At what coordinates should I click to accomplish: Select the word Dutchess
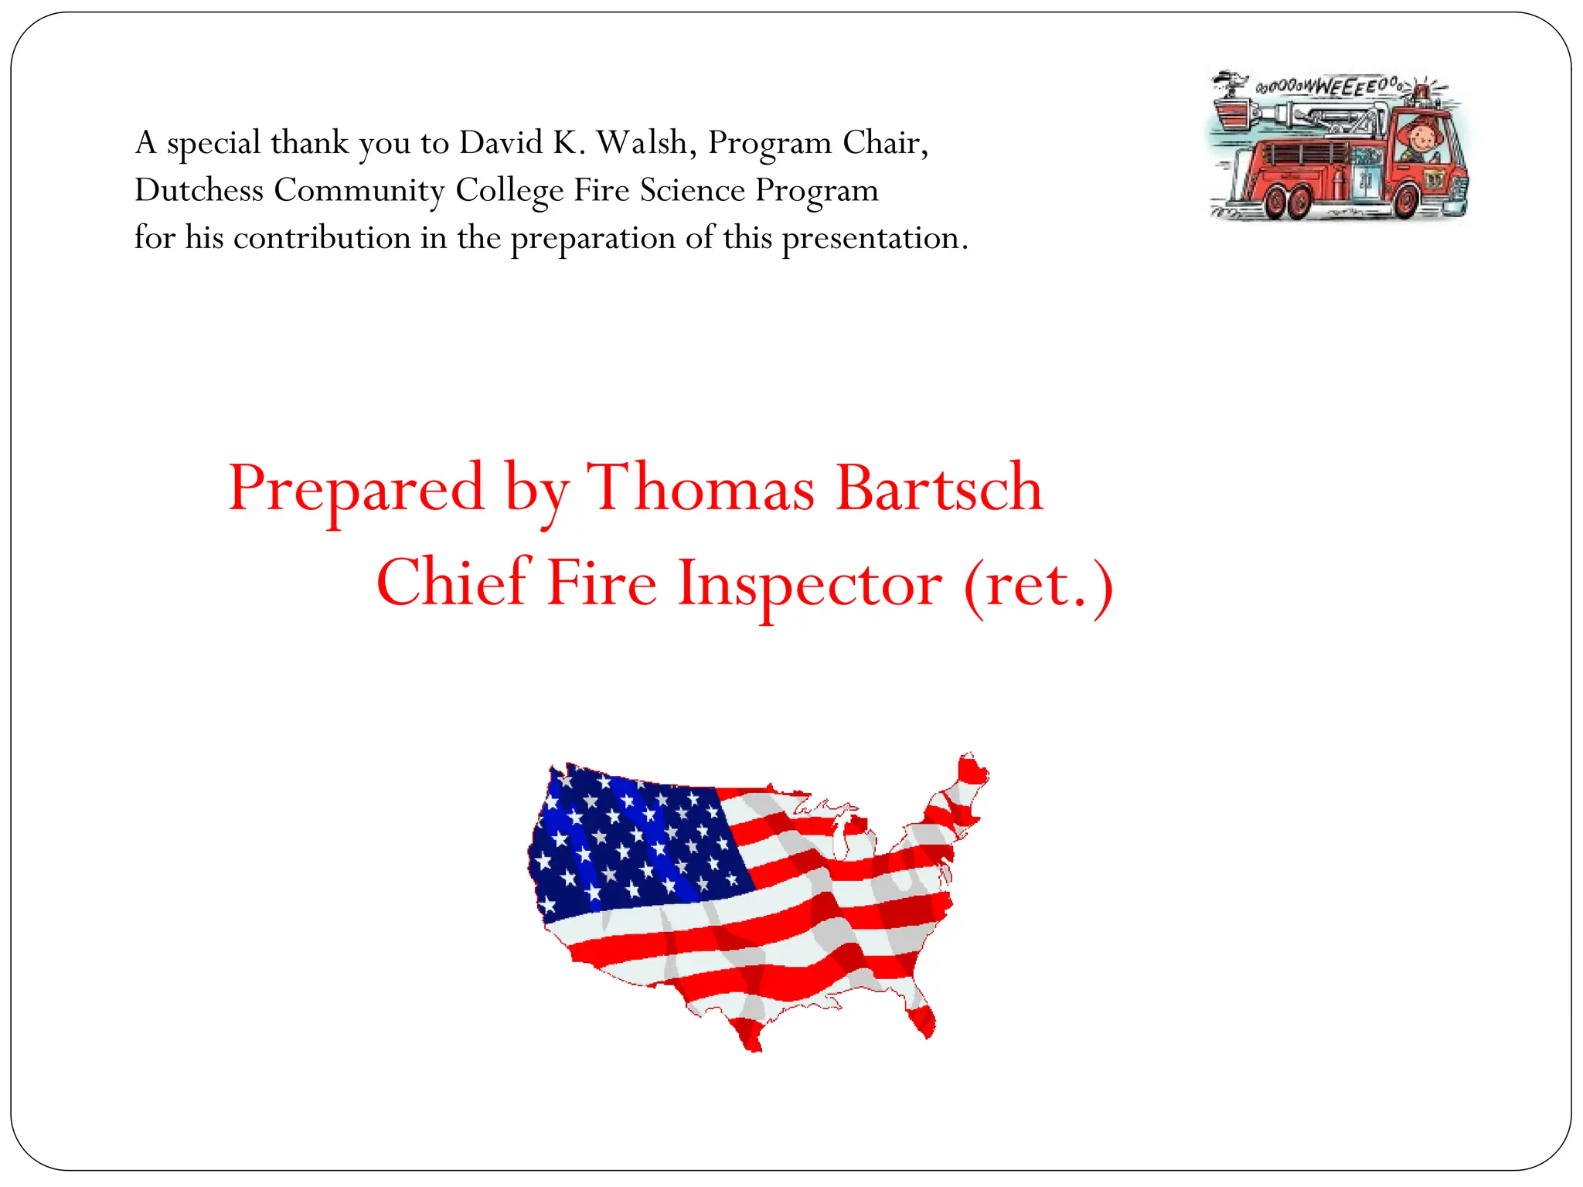(199, 190)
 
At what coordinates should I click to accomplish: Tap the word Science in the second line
(692, 190)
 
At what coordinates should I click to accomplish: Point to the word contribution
(322, 238)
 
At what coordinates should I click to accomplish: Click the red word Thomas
(700, 488)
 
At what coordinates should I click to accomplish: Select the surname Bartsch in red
(939, 488)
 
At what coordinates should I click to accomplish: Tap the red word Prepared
(356, 488)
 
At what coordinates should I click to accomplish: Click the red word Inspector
(809, 584)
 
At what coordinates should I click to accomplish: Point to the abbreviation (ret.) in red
(1038, 584)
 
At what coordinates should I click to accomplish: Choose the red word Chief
(451, 583)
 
